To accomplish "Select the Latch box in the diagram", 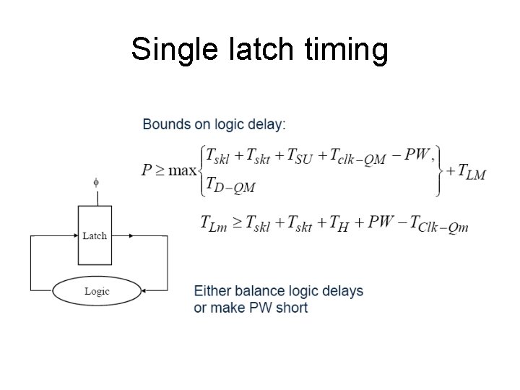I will (95, 235).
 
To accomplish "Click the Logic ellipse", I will (97, 291).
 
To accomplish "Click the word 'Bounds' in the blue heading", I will (166, 124).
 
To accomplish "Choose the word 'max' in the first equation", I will (184, 171).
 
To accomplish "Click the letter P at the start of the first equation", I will (147, 171).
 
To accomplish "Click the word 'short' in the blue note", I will (291, 308).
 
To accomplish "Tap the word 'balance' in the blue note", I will (256, 291).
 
